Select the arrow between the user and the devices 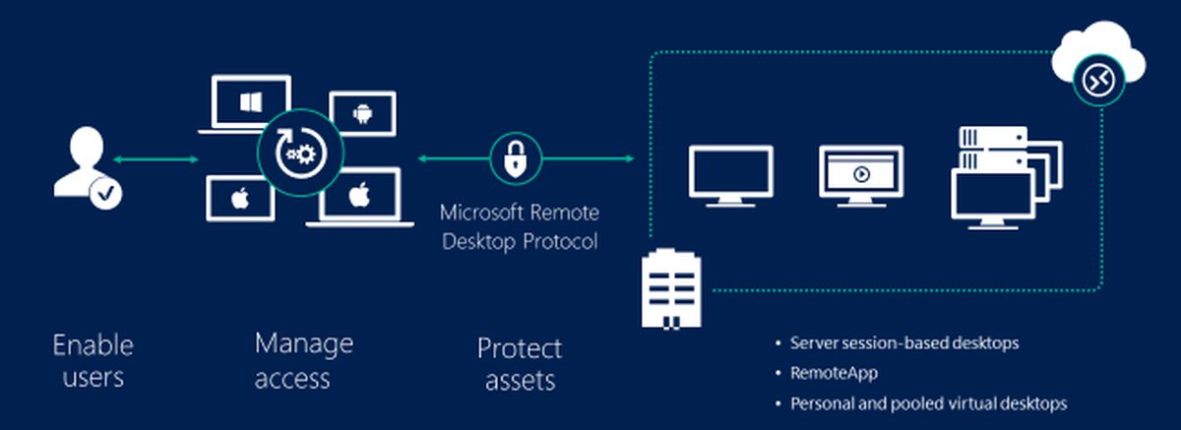[x=155, y=159]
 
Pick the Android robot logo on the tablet [x=361, y=113]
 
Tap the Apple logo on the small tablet [x=239, y=199]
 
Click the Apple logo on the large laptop [x=359, y=193]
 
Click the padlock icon [x=516, y=157]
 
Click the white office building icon [x=672, y=287]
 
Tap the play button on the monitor [x=861, y=174]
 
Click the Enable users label [x=93, y=361]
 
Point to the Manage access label [x=303, y=359]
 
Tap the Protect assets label [x=519, y=364]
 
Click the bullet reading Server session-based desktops [x=903, y=343]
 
